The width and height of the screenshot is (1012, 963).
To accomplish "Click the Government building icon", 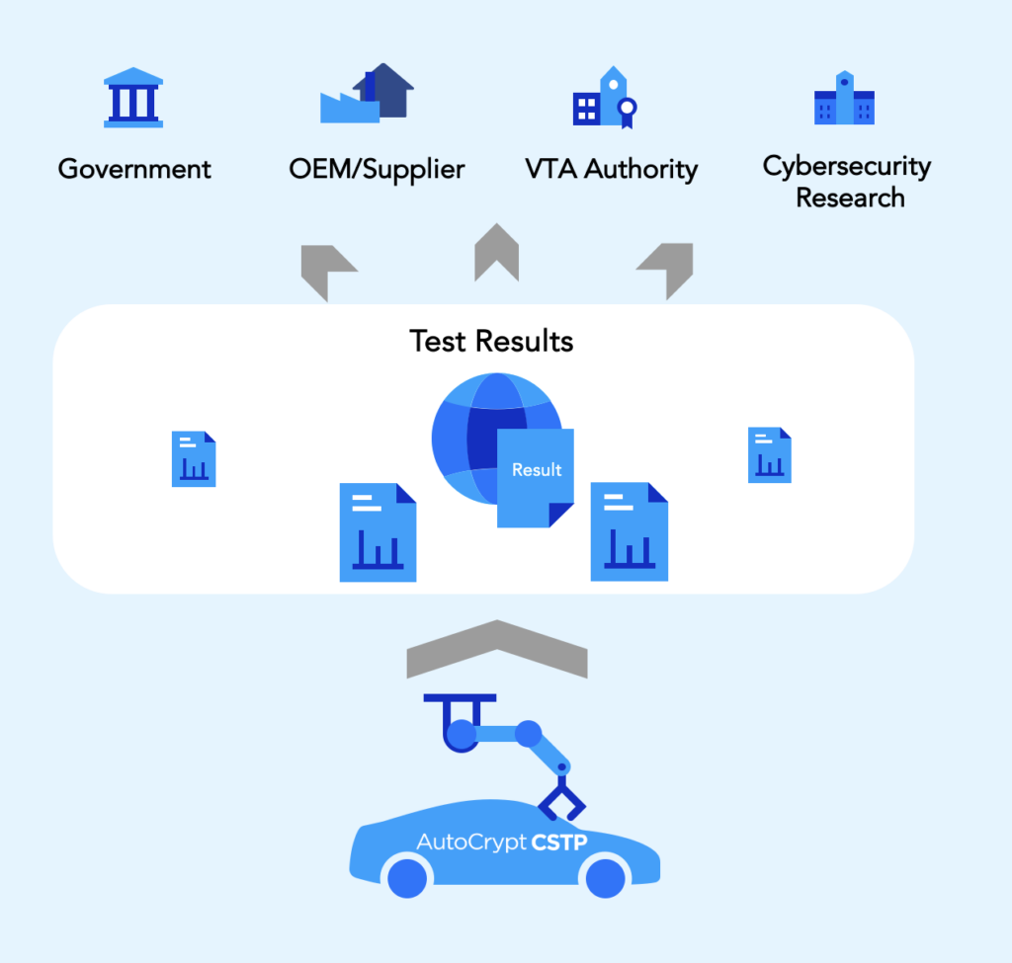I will [133, 98].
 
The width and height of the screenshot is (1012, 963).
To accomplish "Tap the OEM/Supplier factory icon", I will [367, 94].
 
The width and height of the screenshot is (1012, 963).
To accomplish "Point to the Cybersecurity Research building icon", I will [844, 98].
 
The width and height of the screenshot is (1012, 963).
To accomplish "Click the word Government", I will [134, 169].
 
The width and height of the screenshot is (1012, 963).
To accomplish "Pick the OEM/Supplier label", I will [377, 169].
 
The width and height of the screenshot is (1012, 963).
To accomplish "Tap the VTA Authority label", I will [612, 169].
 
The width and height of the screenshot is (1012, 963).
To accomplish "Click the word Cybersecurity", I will [847, 166].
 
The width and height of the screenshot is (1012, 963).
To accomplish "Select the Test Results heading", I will [491, 342].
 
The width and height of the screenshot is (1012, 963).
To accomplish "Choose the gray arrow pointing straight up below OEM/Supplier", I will [496, 253].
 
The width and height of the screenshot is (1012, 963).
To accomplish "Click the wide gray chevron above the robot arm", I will [497, 648].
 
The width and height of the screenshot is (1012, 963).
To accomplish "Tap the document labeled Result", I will [535, 476].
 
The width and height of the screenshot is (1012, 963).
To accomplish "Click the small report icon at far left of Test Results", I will [194, 458].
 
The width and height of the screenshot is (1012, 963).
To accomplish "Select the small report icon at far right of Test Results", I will [770, 455].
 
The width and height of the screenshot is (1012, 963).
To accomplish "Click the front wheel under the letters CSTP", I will [604, 877].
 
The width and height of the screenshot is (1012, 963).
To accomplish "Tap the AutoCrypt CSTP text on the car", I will [502, 843].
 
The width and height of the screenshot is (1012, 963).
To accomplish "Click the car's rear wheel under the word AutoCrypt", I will [406, 877].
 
